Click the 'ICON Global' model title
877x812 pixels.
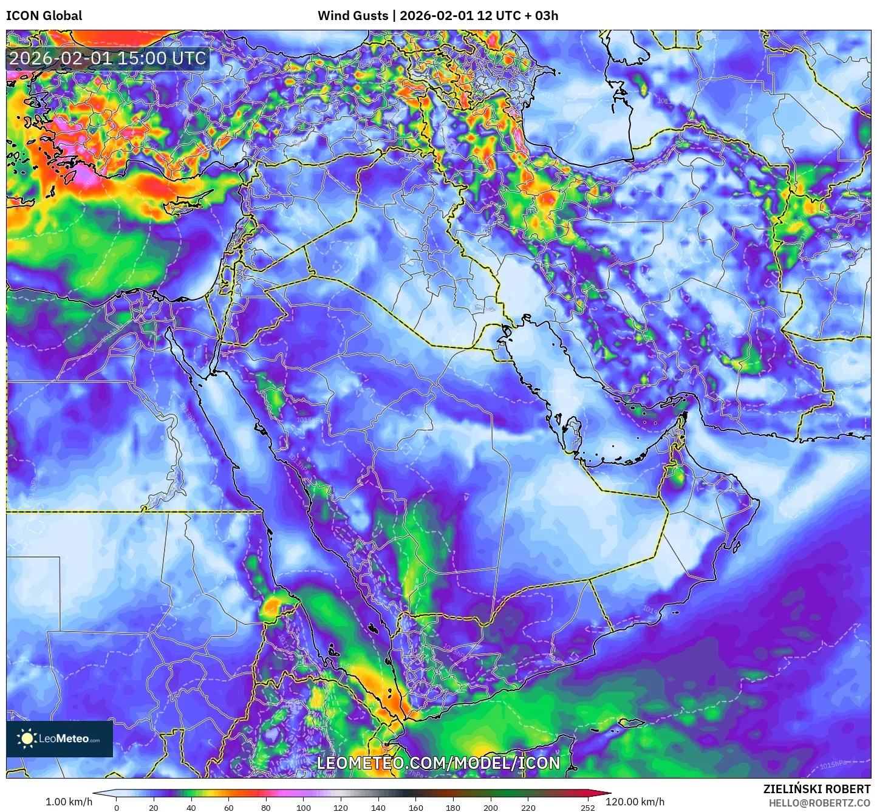tap(44, 16)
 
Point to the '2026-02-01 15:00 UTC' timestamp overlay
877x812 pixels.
tap(107, 58)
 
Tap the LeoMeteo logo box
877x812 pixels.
tap(60, 739)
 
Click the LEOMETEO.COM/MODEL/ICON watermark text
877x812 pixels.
tap(438, 763)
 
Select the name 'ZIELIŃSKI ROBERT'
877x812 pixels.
tap(816, 789)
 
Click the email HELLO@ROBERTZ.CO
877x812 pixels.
tap(819, 803)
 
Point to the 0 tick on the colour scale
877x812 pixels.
tap(117, 808)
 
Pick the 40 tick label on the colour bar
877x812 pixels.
tap(191, 808)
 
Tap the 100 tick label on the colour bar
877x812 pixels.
tap(303, 808)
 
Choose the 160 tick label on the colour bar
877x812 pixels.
tap(415, 808)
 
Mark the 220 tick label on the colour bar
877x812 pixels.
tap(528, 808)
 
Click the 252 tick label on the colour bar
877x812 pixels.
tap(587, 808)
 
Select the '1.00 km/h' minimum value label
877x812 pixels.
tap(69, 802)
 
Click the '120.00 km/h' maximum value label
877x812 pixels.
tap(635, 802)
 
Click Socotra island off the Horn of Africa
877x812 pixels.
tap(632, 723)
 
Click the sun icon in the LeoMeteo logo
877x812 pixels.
tap(27, 739)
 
